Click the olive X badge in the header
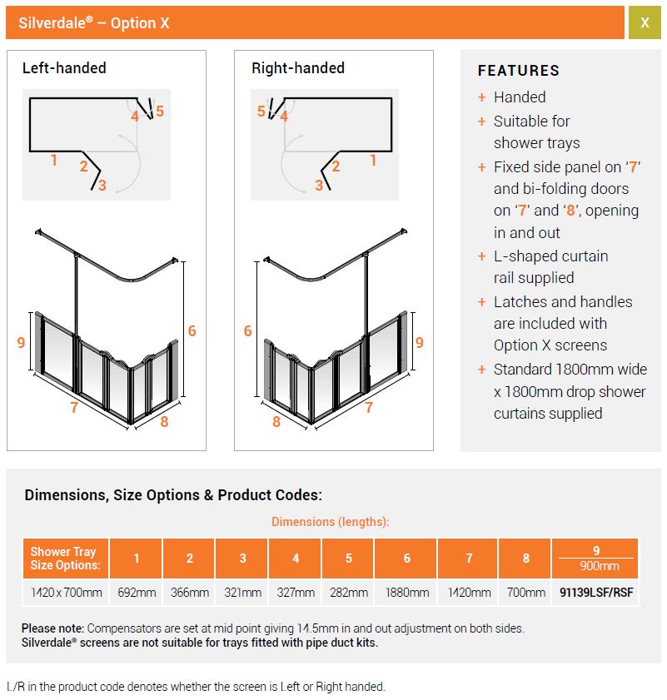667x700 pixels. [645, 22]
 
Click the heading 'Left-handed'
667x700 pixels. [64, 68]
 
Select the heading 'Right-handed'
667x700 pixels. [298, 68]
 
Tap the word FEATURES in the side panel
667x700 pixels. [519, 71]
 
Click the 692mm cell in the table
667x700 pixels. [137, 593]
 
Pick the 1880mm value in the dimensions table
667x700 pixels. [406, 593]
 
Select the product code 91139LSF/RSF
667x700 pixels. [595, 593]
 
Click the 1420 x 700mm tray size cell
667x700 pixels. [67, 593]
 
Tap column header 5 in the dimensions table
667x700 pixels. [348, 559]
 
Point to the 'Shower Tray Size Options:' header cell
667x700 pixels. [64, 559]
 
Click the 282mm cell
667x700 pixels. [348, 593]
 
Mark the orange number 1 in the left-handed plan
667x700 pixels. [54, 161]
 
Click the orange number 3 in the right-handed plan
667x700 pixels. [319, 186]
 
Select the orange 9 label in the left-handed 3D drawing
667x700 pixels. [21, 342]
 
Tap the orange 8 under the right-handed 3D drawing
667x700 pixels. [276, 422]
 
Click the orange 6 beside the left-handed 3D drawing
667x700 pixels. [192, 331]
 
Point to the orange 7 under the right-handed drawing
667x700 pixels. [369, 408]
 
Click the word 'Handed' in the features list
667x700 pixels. [520, 97]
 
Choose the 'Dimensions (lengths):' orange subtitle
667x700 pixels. [331, 522]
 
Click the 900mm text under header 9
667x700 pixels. [595, 566]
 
